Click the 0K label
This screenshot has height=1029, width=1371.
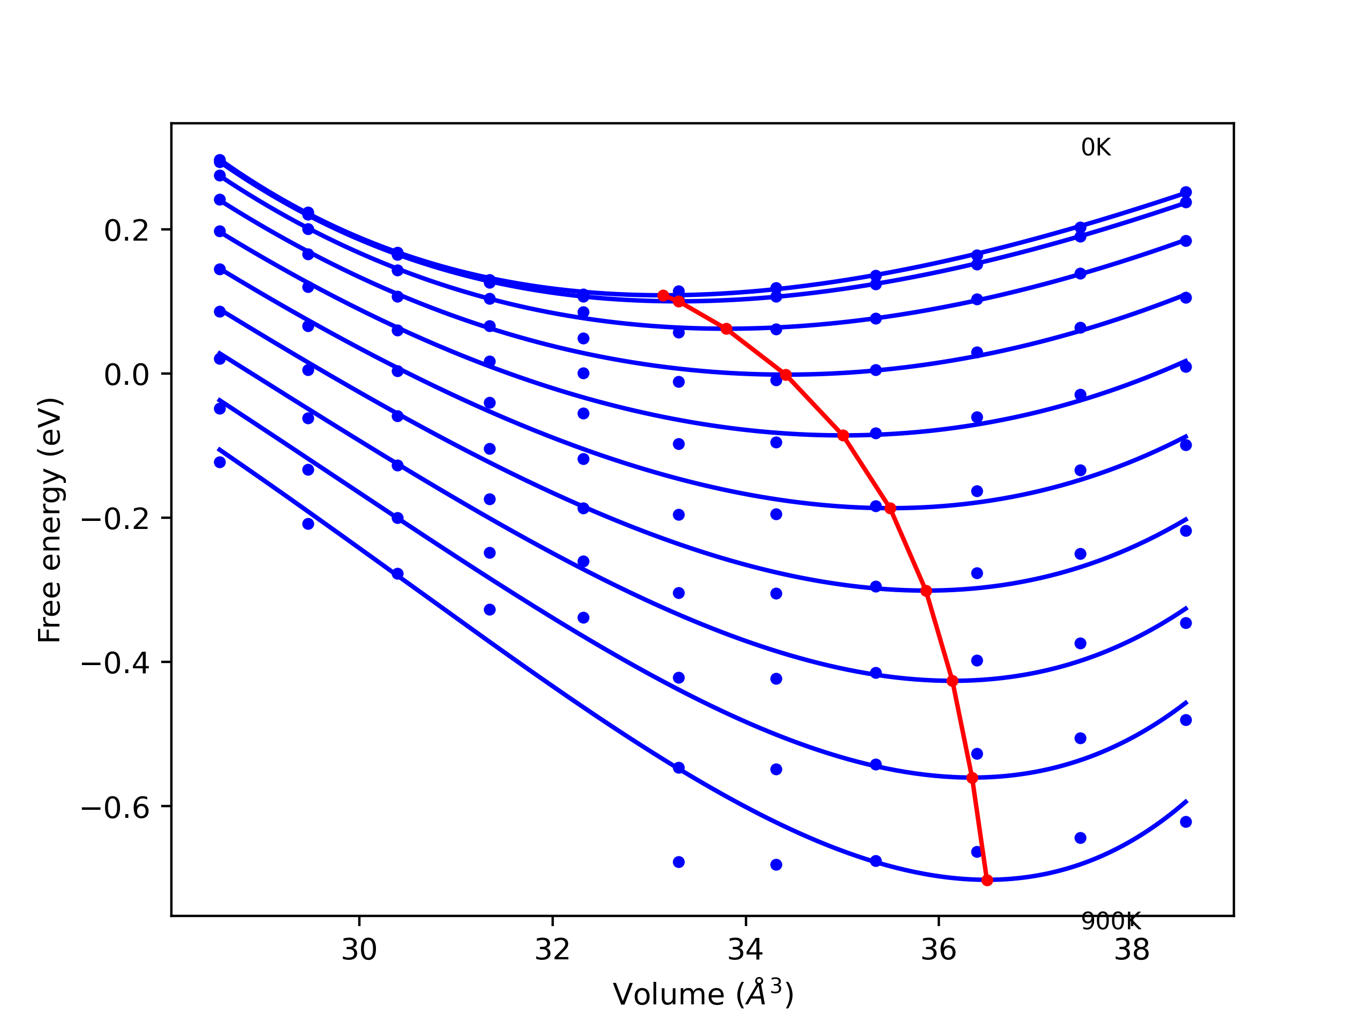[1096, 147]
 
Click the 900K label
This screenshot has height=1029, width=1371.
[1110, 922]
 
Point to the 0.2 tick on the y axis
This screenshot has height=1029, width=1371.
[126, 231]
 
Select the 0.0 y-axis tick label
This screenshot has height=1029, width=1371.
[126, 375]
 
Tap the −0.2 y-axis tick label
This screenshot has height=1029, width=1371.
[115, 519]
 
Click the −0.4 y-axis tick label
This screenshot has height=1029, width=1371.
[115, 663]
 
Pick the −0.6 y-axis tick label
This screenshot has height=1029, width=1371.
[115, 807]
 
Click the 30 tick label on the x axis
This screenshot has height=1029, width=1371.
[359, 950]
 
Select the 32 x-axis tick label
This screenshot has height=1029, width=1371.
[552, 950]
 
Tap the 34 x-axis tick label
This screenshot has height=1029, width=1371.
[745, 950]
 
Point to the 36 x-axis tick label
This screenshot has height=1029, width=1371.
[938, 950]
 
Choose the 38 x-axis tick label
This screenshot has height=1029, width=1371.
[1132, 950]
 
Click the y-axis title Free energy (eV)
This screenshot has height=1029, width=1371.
[50, 520]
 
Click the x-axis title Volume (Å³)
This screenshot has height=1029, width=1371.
[702, 995]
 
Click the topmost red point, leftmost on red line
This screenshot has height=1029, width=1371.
[663, 295]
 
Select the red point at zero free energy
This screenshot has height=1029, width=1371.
[786, 375]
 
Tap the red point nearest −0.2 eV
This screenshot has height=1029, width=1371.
[891, 509]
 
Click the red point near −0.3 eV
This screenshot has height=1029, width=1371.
[926, 591]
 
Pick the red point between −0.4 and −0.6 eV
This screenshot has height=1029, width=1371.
[972, 778]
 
